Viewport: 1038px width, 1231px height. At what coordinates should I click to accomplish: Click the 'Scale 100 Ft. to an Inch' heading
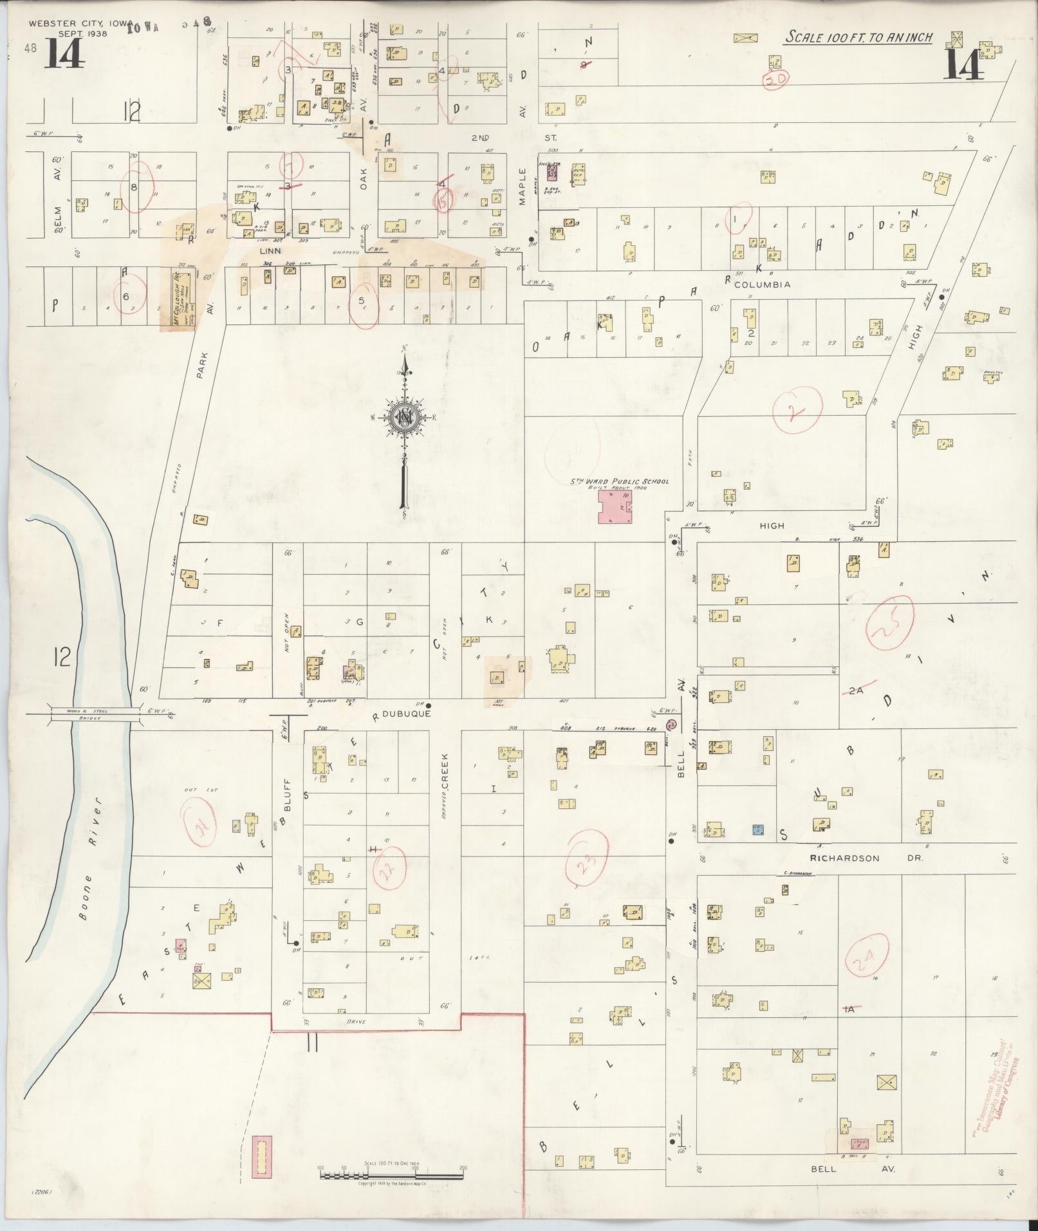(858, 37)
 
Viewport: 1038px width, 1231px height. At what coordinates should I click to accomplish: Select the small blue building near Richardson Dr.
(758, 830)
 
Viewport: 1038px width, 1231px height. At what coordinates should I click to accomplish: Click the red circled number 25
(889, 624)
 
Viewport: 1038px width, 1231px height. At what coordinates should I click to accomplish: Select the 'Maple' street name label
(522, 187)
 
